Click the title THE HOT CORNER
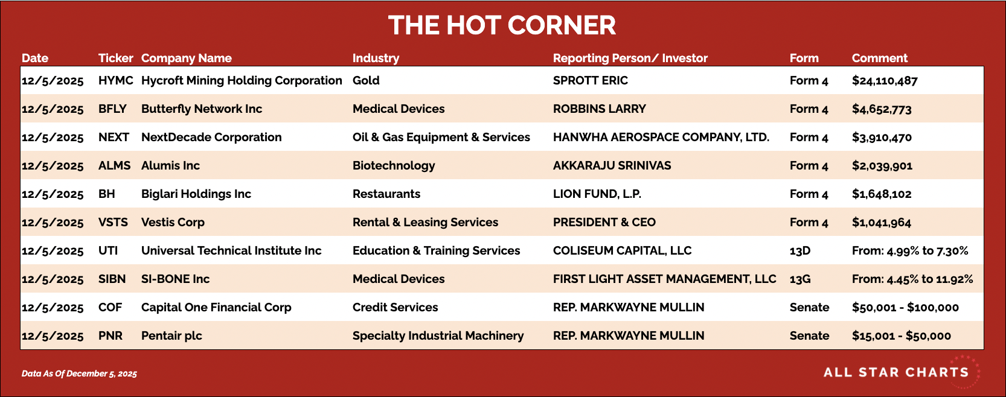(x=502, y=25)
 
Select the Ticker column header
(x=116, y=59)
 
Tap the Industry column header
(x=376, y=59)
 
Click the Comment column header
(x=879, y=59)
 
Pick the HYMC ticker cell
(x=116, y=80)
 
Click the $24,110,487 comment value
(x=885, y=81)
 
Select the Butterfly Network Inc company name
(x=202, y=109)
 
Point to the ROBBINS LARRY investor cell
(x=599, y=109)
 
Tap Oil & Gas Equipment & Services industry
(x=441, y=138)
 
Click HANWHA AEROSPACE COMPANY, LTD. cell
(x=661, y=138)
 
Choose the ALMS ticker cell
(x=115, y=165)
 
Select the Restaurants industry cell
(x=386, y=194)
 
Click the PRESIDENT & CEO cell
(x=604, y=222)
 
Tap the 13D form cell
(x=800, y=250)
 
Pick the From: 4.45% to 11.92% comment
(x=912, y=279)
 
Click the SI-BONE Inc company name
(x=175, y=279)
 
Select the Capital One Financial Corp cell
(x=216, y=307)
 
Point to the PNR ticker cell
(x=111, y=335)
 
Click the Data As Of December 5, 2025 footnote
(x=79, y=373)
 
